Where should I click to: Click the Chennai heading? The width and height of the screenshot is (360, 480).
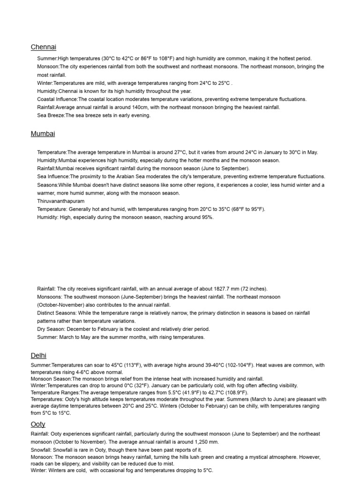[x=44, y=47]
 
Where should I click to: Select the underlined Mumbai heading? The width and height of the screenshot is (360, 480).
[x=43, y=134]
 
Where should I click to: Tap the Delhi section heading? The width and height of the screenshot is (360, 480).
[x=38, y=356]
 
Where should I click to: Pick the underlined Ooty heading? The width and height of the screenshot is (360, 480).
[x=38, y=424]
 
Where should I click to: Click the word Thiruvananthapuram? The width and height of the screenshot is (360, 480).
[x=61, y=201]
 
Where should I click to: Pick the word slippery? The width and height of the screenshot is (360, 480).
[x=75, y=464]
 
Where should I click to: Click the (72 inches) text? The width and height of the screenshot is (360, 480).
[x=255, y=289]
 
